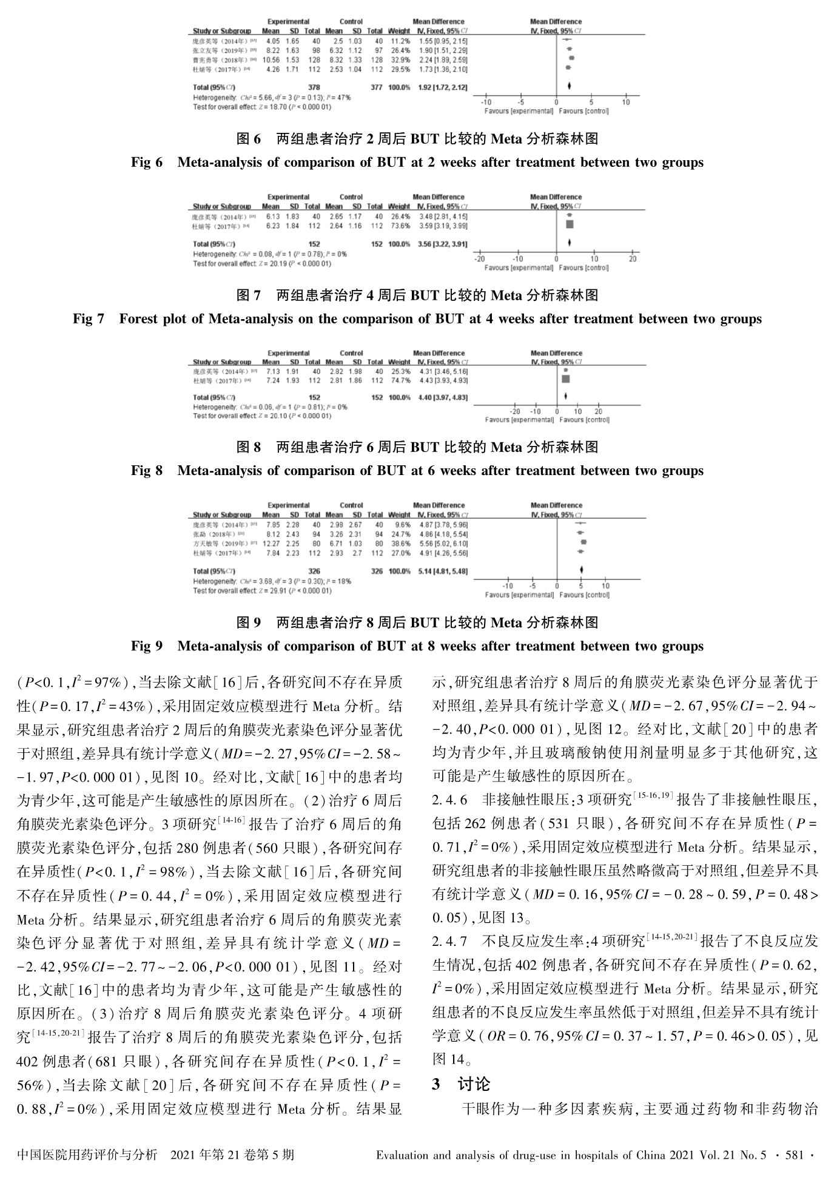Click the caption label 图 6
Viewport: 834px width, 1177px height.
(248, 139)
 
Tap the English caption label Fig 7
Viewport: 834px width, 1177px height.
(88, 319)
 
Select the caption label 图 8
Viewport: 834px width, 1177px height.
(248, 448)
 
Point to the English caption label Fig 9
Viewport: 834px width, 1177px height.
(147, 646)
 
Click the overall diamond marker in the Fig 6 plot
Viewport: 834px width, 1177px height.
(570, 87)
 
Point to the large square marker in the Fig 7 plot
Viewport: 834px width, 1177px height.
(570, 225)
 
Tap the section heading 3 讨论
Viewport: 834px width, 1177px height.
(461, 1084)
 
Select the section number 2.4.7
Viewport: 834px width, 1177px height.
(449, 942)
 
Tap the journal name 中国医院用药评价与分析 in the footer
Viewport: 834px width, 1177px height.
(87, 1155)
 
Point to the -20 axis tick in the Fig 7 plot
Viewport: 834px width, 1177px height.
(479, 259)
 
